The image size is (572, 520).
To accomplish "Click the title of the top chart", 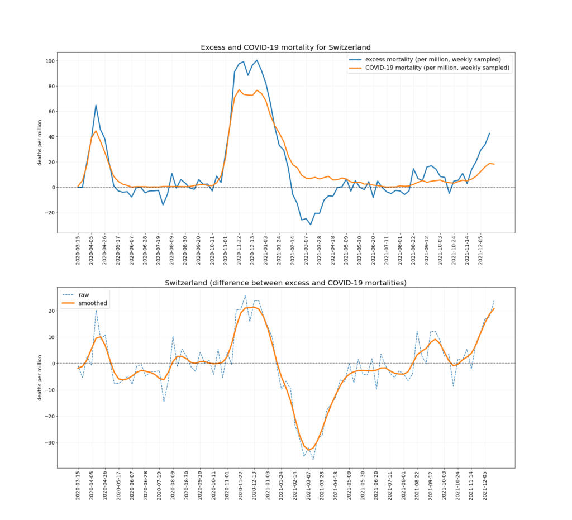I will click(x=285, y=47).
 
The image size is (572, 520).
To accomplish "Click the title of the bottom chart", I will click(x=285, y=283).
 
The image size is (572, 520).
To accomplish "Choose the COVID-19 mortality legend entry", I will click(x=437, y=68).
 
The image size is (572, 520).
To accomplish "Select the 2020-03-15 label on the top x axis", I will click(x=78, y=252).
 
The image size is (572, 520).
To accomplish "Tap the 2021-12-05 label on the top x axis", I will click(x=484, y=252).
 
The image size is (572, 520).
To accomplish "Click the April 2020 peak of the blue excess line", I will click(x=96, y=105).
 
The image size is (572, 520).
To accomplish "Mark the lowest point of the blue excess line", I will click(x=311, y=225).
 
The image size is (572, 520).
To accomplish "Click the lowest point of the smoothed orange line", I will click(x=309, y=450).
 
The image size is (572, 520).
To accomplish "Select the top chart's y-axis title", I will click(x=40, y=142).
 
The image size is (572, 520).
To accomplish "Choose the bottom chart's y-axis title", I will click(x=40, y=378).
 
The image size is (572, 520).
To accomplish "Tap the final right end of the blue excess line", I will click(x=489, y=133).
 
